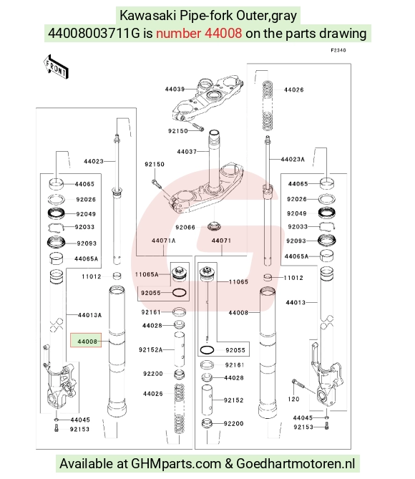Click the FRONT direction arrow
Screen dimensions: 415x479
(x=56, y=67)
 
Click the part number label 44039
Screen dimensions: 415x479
(x=175, y=89)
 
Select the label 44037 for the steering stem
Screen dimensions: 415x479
(x=187, y=152)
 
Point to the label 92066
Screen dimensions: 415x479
(x=185, y=227)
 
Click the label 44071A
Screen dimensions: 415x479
(x=164, y=241)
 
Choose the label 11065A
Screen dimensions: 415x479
(x=147, y=274)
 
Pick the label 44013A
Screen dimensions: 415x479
(x=89, y=315)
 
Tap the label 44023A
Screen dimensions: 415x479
(x=293, y=159)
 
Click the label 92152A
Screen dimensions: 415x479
(x=150, y=350)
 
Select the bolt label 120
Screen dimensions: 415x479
(x=293, y=399)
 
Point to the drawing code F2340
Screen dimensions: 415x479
(x=338, y=50)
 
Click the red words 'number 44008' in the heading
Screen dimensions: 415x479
(x=199, y=34)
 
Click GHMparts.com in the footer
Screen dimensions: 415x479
(x=176, y=464)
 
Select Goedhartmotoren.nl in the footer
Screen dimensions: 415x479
(x=296, y=464)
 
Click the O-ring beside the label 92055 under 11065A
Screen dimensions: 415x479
(x=180, y=293)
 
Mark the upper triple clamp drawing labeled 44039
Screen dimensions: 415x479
(x=207, y=100)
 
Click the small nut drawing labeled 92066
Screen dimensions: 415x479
(x=214, y=227)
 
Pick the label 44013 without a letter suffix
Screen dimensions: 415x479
(x=296, y=302)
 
